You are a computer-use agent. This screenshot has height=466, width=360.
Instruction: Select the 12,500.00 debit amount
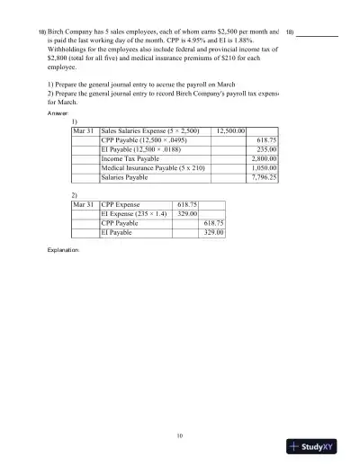(231, 131)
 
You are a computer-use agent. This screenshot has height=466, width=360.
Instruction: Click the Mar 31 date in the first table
(85, 131)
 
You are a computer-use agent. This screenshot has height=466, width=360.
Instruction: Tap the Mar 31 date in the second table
(85, 205)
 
